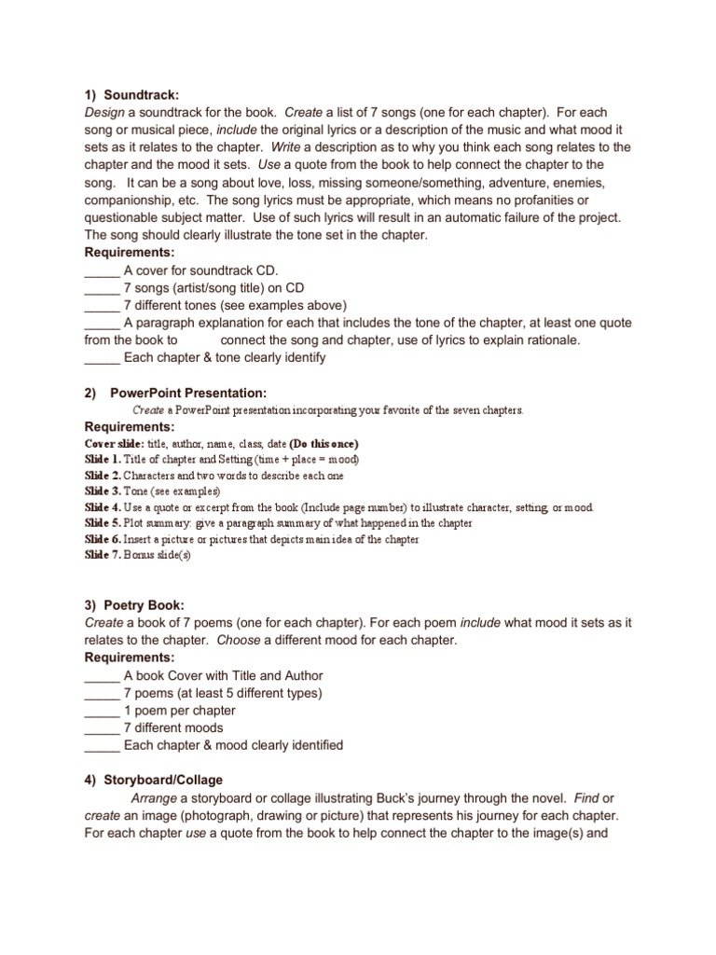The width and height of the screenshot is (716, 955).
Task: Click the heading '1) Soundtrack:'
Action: tap(131, 94)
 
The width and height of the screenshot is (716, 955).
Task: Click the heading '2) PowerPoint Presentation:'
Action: tap(175, 393)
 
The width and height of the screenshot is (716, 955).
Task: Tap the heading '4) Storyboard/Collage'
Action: tap(153, 780)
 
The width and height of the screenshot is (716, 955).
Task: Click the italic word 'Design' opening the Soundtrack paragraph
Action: tap(105, 112)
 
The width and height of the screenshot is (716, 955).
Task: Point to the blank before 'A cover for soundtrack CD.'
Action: tap(102, 270)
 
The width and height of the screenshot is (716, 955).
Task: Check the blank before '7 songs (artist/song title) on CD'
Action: tap(102, 287)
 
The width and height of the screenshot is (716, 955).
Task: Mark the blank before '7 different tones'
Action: tap(102, 305)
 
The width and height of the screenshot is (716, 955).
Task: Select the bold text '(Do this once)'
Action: tap(324, 444)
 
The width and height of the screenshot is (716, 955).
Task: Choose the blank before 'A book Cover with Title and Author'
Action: tap(102, 675)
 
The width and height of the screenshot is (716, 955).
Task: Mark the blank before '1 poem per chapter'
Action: tap(102, 711)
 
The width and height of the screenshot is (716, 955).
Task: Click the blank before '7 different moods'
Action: tap(102, 727)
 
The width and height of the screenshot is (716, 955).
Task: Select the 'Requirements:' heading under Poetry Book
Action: tap(131, 657)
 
